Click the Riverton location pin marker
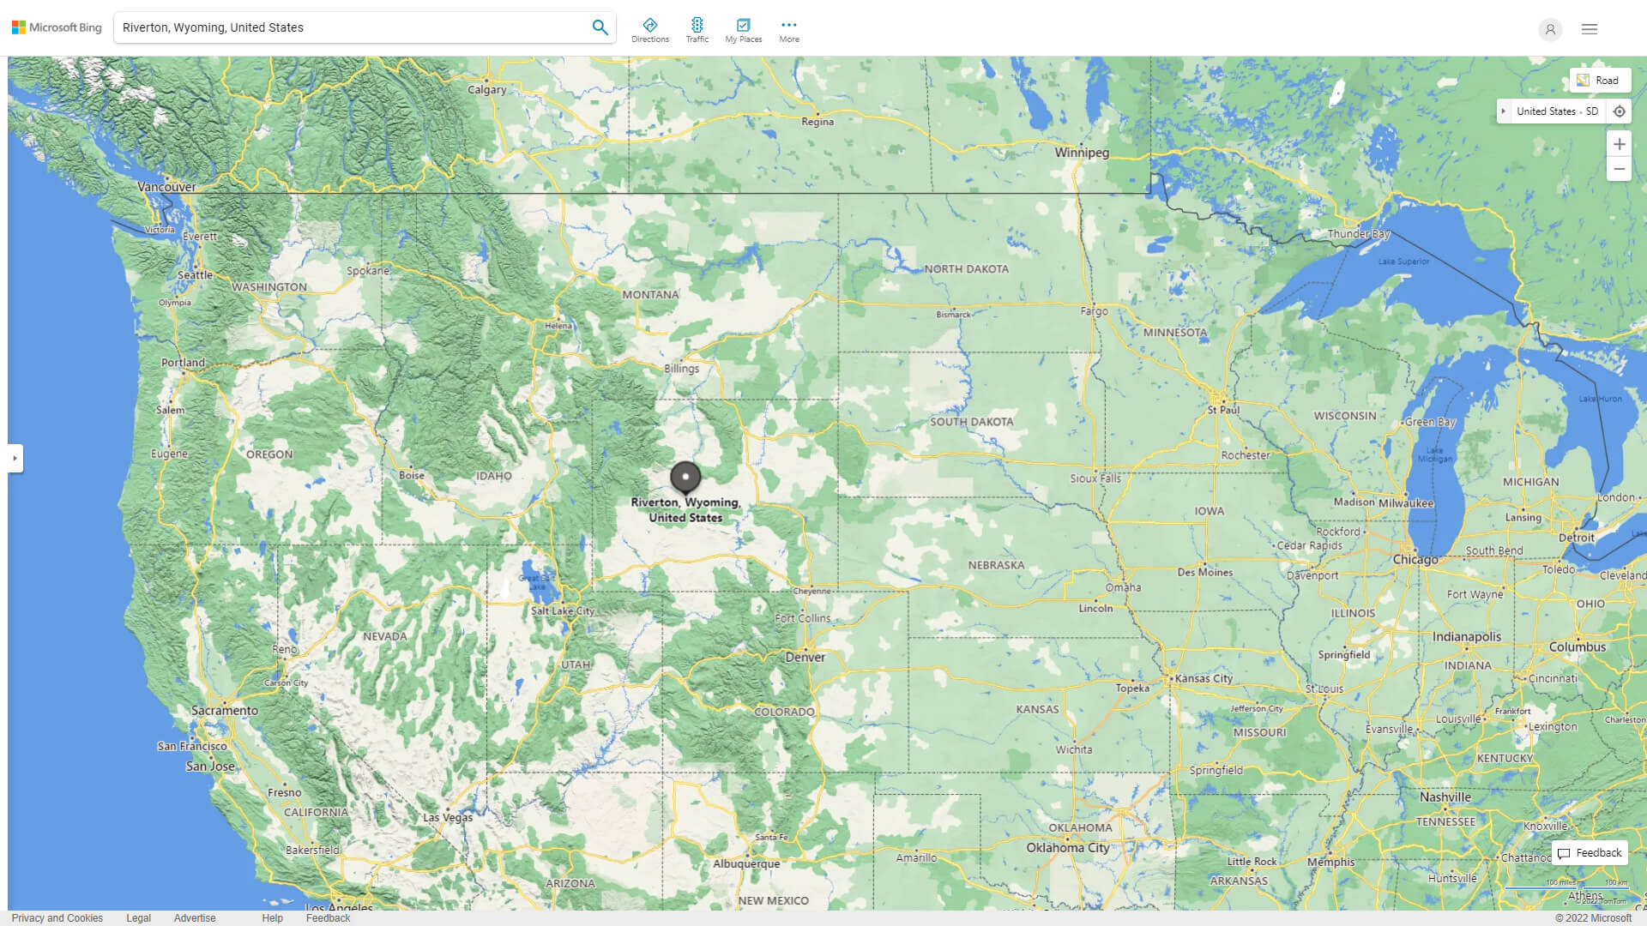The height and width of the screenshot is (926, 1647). coord(685,477)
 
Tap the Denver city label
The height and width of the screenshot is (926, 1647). coord(805,658)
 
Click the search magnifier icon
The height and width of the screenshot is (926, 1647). coord(600,27)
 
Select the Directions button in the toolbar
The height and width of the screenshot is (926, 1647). coord(650,30)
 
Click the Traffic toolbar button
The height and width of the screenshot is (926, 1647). coord(697,30)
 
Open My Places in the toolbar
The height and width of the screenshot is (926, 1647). coord(743,30)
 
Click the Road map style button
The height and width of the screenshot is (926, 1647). coord(1599,81)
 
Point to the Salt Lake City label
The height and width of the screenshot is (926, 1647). coord(563,611)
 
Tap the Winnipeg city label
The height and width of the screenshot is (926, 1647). coord(1082,153)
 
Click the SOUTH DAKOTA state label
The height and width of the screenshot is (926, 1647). coord(971,422)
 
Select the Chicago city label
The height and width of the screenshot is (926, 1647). coord(1415,560)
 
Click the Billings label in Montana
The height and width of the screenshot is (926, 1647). coord(681,369)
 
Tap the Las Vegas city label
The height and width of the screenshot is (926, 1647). coord(447,818)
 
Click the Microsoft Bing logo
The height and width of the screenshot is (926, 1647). coord(57,27)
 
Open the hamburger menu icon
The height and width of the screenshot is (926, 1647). coord(1590,29)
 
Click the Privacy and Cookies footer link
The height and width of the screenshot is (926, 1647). coord(57,917)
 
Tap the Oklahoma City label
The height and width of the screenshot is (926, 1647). coord(1067,848)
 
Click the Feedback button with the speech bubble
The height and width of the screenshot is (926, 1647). coord(1590,853)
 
